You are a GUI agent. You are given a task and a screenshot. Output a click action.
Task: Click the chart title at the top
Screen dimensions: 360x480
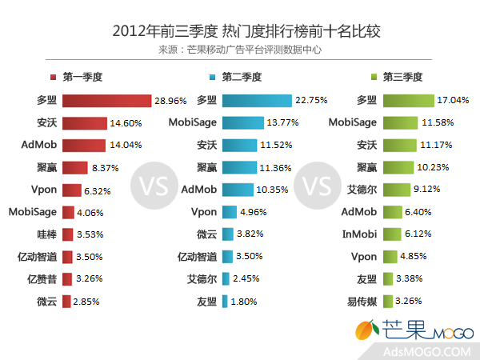(x=240, y=31)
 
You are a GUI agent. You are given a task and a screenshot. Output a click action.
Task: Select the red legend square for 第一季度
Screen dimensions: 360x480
(x=52, y=78)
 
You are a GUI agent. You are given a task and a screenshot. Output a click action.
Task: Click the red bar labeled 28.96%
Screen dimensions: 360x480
(x=106, y=101)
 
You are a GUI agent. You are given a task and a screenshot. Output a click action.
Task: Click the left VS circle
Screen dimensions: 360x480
(x=152, y=187)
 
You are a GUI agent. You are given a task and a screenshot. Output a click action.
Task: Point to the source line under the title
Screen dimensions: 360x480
(x=240, y=50)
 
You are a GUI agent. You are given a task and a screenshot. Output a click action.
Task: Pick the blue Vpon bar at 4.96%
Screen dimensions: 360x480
(x=227, y=212)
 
